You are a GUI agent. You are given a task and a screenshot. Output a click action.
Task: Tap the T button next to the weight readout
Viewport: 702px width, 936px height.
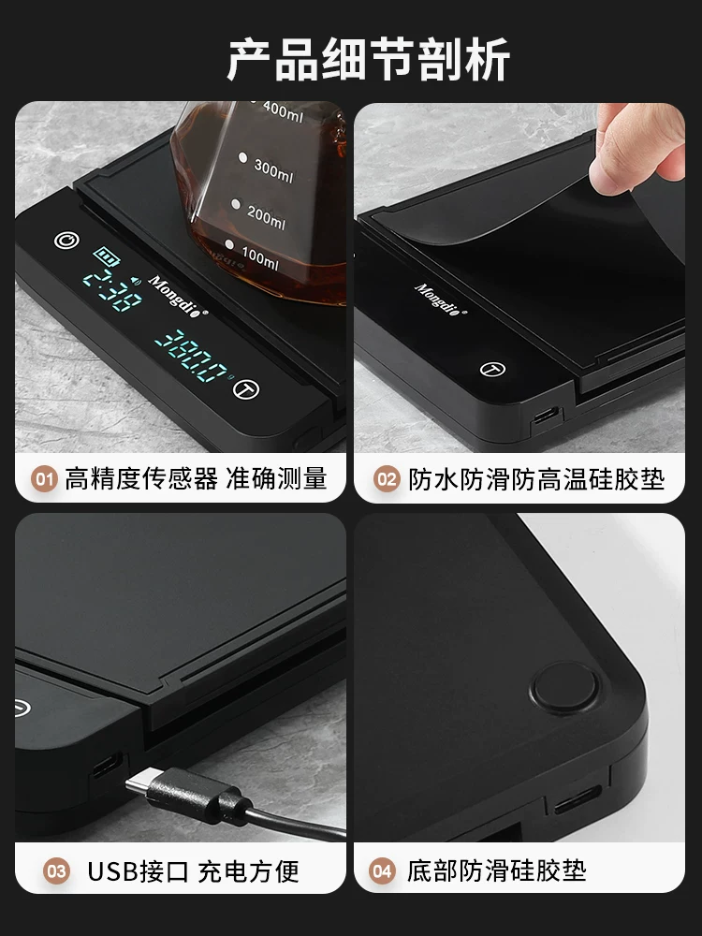point(247,388)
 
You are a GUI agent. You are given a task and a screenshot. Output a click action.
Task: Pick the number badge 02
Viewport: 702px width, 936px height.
point(386,480)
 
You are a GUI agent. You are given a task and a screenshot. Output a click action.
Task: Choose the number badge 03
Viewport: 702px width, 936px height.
point(58,871)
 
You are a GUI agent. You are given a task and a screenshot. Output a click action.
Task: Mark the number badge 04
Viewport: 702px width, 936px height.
point(382,871)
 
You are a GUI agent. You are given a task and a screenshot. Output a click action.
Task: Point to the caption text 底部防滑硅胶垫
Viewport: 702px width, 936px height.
point(496,871)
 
